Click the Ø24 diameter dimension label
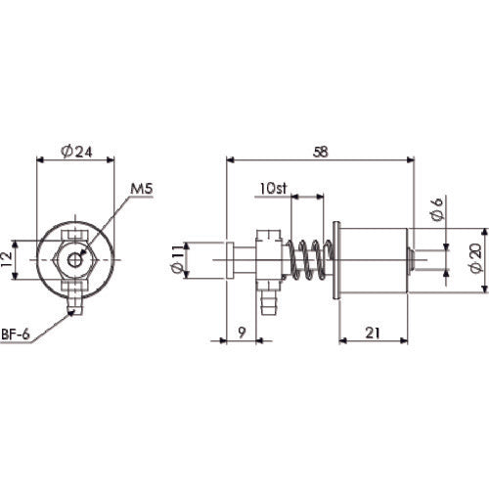[x=75, y=152]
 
